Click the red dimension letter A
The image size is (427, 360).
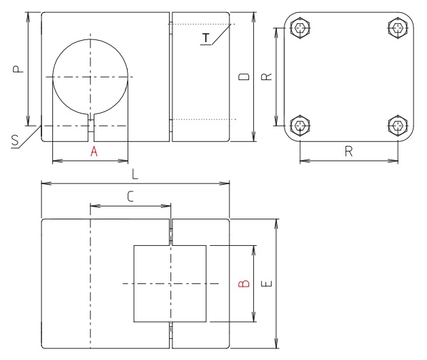point(94,153)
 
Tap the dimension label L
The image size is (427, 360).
point(135,175)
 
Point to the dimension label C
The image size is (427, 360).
point(130,196)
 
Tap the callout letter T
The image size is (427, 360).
point(206,37)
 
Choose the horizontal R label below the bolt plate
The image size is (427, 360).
point(348,152)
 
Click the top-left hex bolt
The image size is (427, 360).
point(300,28)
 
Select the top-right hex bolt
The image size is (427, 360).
point(397,28)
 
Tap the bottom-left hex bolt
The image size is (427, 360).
point(300,126)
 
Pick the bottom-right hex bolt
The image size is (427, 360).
point(397,126)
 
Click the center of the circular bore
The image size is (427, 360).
point(90,77)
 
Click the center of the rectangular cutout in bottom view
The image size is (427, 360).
point(170,283)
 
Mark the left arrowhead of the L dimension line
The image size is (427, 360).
point(43,183)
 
